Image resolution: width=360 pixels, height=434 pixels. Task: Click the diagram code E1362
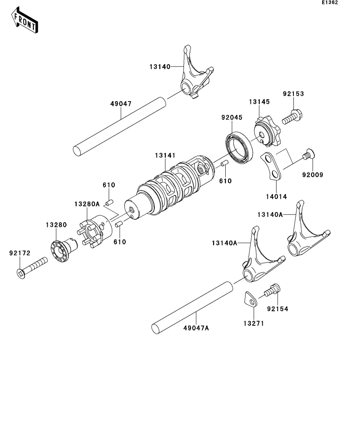(x=330, y=2)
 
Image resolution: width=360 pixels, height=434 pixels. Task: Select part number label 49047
(x=121, y=104)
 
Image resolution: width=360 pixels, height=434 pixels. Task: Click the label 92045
(x=232, y=117)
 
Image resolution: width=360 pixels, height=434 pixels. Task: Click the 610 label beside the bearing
(x=226, y=181)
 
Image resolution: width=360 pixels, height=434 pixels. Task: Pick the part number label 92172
(x=20, y=253)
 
